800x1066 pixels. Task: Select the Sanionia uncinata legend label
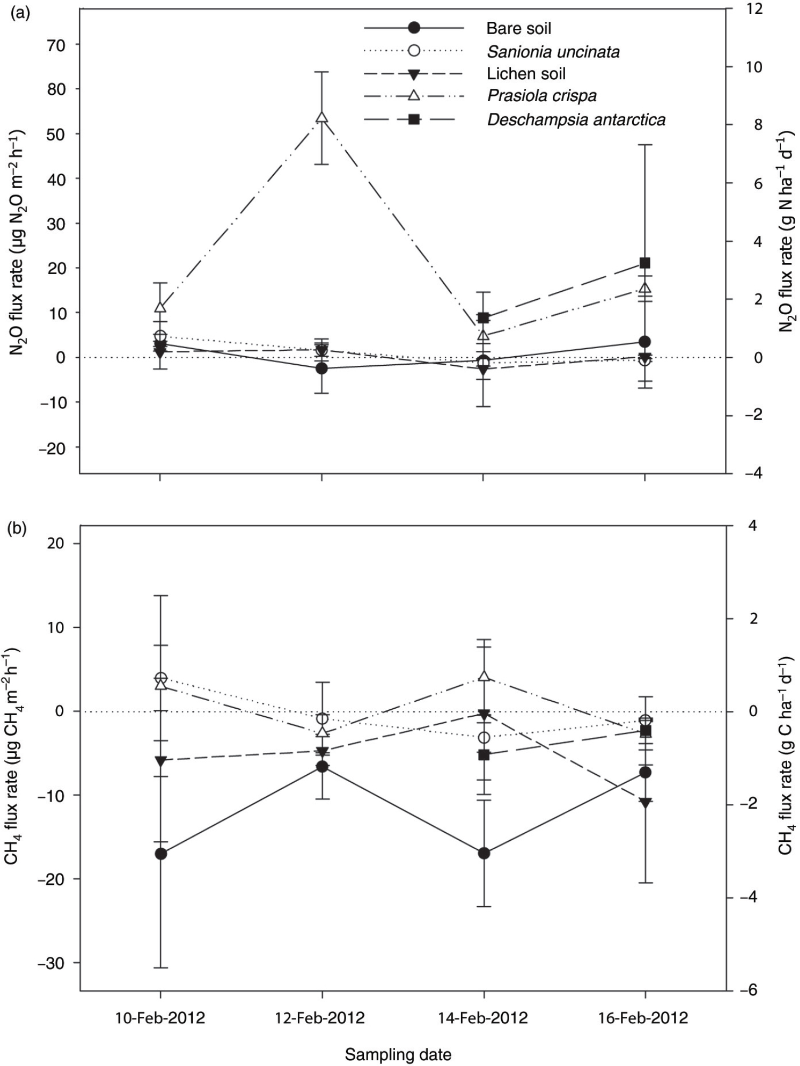pos(553,52)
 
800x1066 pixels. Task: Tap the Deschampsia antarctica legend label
pos(576,119)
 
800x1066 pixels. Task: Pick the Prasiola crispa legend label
pos(542,96)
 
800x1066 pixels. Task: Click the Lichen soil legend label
pos(526,73)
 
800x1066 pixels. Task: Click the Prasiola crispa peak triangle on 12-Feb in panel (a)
pos(322,118)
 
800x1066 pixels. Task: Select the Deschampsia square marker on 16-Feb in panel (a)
pos(645,263)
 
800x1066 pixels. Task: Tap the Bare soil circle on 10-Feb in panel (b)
pos(161,854)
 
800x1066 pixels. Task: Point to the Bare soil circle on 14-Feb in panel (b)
pos(484,853)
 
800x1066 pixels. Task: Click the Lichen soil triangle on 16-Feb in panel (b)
pos(645,803)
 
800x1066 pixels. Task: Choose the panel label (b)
pos(20,530)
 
